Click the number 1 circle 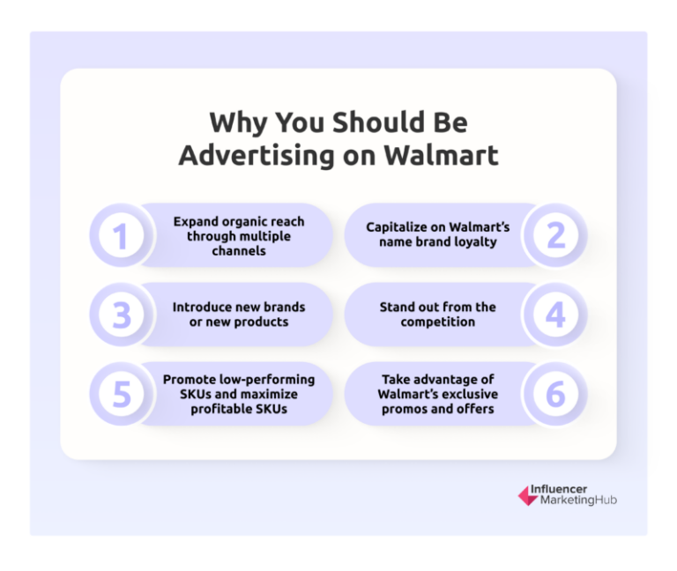pos(122,235)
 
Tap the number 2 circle pos(555,235)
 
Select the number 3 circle pos(122,315)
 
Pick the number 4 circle pos(555,315)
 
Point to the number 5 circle pos(122,394)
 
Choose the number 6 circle pos(555,394)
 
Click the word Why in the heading pos(232,121)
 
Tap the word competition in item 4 pos(438,322)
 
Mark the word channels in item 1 pos(238,250)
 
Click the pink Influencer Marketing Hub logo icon pos(527,495)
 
